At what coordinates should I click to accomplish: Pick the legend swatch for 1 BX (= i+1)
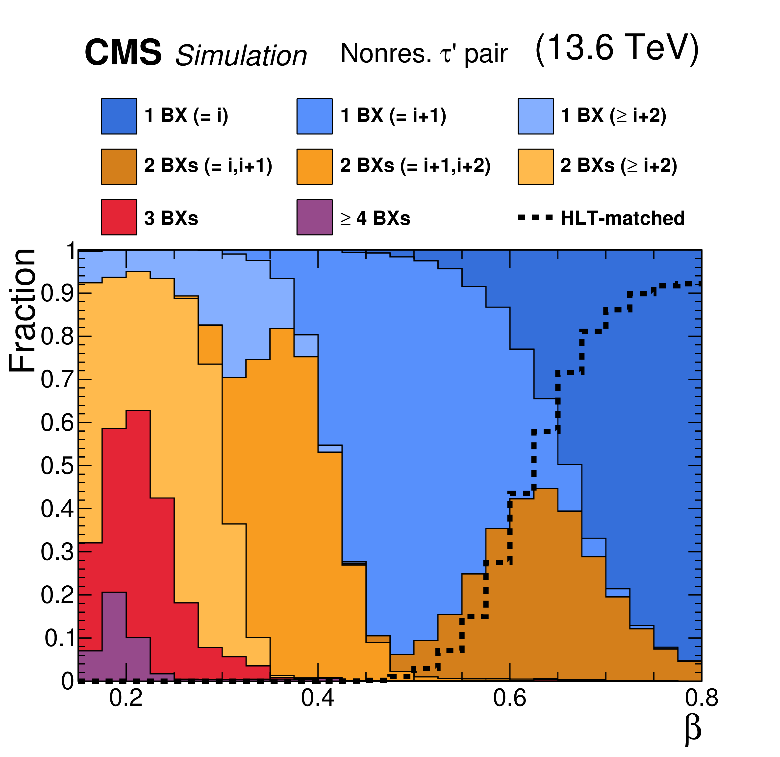314,116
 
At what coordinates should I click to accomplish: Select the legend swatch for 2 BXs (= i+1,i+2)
314,167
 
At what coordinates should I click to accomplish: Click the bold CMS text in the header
123,53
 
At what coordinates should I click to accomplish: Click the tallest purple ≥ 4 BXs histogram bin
114,637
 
